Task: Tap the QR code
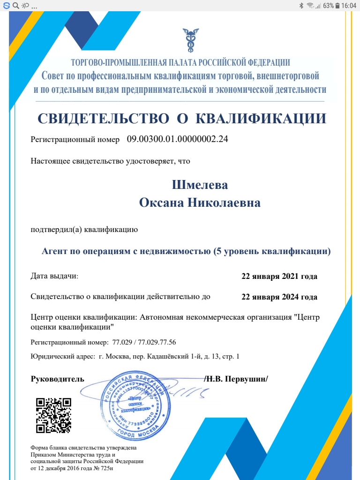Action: (53, 415)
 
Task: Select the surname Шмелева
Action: (200, 185)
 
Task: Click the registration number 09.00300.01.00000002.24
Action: (178, 139)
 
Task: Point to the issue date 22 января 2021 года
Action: (279, 276)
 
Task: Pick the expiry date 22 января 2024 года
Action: (279, 297)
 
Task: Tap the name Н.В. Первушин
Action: (238, 379)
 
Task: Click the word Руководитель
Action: (58, 379)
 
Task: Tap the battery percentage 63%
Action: (328, 6)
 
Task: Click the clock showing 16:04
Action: (349, 6)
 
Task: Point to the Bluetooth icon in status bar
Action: (301, 6)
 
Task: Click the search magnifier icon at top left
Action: (15, 6)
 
